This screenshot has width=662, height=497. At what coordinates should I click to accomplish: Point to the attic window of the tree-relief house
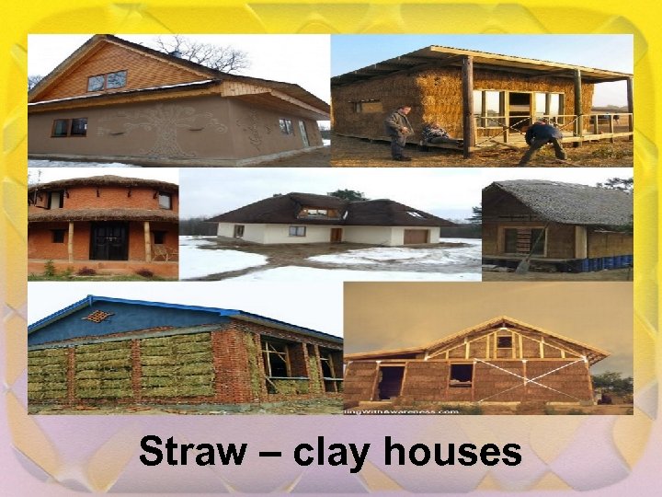pos(107,81)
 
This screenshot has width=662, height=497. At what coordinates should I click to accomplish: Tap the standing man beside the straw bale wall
pos(398,132)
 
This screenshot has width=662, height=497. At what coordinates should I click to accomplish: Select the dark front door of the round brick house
pos(108,240)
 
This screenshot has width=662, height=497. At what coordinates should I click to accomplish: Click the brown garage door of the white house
pos(416,237)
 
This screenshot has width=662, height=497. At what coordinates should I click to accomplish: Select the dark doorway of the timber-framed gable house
pos(391,381)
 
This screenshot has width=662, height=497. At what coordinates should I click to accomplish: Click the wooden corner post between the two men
pos(468,106)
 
